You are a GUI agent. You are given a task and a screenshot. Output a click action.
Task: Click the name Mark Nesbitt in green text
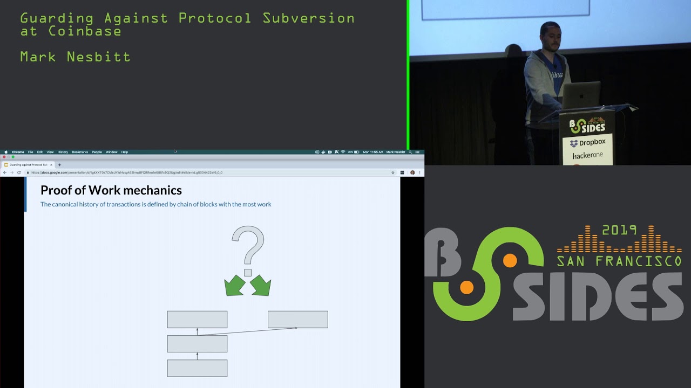click(x=75, y=57)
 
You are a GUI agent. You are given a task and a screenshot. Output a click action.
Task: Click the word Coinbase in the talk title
click(x=85, y=31)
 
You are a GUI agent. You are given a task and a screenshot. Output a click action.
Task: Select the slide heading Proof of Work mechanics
click(x=111, y=190)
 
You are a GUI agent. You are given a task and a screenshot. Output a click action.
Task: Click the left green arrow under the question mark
click(x=235, y=286)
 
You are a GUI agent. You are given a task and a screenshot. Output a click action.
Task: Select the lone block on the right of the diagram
click(x=297, y=319)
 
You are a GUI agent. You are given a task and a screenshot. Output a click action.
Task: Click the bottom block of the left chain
click(x=197, y=368)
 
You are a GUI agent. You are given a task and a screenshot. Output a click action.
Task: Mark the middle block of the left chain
click(x=197, y=344)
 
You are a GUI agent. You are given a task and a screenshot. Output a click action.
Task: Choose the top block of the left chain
click(x=197, y=319)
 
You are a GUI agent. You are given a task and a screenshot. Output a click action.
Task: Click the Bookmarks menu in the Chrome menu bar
click(x=80, y=152)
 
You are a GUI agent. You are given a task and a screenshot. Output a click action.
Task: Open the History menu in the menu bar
click(x=63, y=152)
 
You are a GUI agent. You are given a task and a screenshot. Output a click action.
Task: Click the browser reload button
click(x=19, y=172)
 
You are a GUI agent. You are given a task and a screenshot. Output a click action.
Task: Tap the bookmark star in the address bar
click(x=393, y=172)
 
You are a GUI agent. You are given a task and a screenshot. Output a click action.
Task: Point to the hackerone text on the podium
click(x=587, y=155)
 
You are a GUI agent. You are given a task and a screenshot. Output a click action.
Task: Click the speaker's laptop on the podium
click(x=581, y=94)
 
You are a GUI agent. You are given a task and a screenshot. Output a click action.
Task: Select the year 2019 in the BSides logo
click(x=619, y=230)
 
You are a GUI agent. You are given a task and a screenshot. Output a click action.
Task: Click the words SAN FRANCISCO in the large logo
click(x=619, y=261)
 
